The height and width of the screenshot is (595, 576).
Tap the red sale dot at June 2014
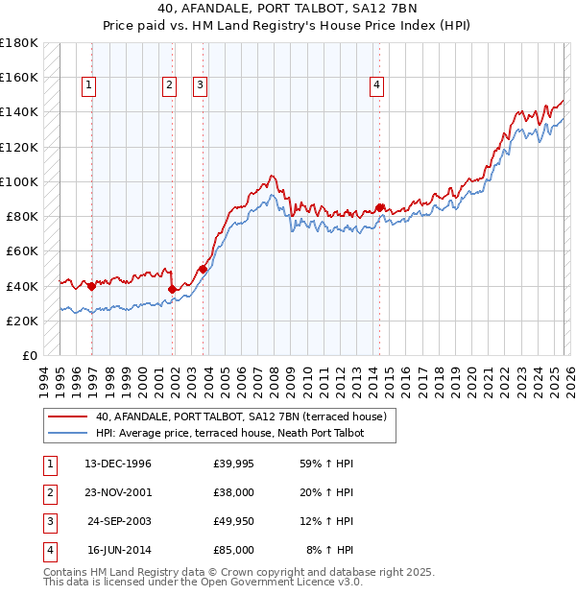click(380, 207)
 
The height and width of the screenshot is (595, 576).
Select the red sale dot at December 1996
click(91, 286)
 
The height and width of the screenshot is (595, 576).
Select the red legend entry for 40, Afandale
click(240, 416)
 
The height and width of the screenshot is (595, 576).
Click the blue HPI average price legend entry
click(229, 434)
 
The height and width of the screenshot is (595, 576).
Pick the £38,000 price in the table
click(234, 492)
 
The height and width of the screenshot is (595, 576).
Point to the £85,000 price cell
click(234, 550)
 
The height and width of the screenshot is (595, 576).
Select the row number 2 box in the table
click(49, 492)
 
